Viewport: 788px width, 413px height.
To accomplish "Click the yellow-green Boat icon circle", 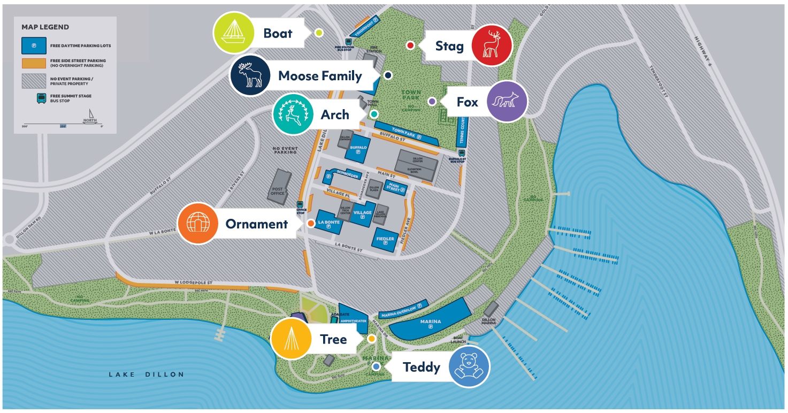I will pos(234,33).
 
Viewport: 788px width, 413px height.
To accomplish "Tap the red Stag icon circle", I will pos(492,45).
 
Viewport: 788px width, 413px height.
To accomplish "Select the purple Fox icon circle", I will pos(507,102).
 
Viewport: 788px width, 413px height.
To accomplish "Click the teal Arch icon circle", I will pos(293,114).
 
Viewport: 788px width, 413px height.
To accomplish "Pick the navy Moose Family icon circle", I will pos(250,75).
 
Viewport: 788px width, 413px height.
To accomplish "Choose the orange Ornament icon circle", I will pos(198,224).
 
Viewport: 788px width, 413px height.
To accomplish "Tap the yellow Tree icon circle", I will pos(291,339).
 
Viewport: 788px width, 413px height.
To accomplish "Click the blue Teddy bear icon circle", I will pos(469,366).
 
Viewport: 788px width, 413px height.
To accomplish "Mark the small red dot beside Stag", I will pos(410,45).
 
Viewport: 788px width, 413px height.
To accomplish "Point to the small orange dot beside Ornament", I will pos(311,223).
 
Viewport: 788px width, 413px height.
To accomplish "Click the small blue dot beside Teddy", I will pos(376,366).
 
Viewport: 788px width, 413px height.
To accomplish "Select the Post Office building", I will pos(279,187).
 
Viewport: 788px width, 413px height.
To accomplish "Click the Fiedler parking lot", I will pos(385,240).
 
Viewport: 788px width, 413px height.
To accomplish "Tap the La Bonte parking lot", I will pos(328,223).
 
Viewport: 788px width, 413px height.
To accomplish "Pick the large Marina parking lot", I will pos(431,323).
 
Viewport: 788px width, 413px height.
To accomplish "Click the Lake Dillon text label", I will pos(146,374).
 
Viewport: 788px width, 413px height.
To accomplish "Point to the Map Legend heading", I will pos(45,27).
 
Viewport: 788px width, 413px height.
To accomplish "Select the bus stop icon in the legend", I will pos(41,98).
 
